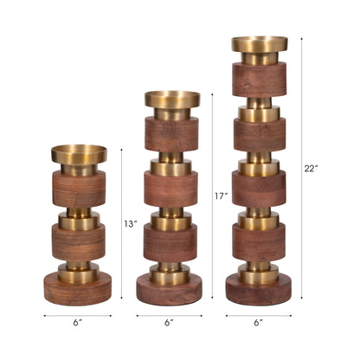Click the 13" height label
tap(131, 224)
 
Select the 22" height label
tap(313, 167)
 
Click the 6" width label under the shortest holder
tap(78, 323)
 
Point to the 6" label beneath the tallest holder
tap(258, 323)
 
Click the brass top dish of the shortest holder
tap(79, 155)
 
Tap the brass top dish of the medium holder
tap(171, 100)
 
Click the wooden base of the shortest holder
tap(79, 286)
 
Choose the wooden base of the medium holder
tap(171, 289)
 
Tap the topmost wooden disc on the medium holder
tap(171, 135)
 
